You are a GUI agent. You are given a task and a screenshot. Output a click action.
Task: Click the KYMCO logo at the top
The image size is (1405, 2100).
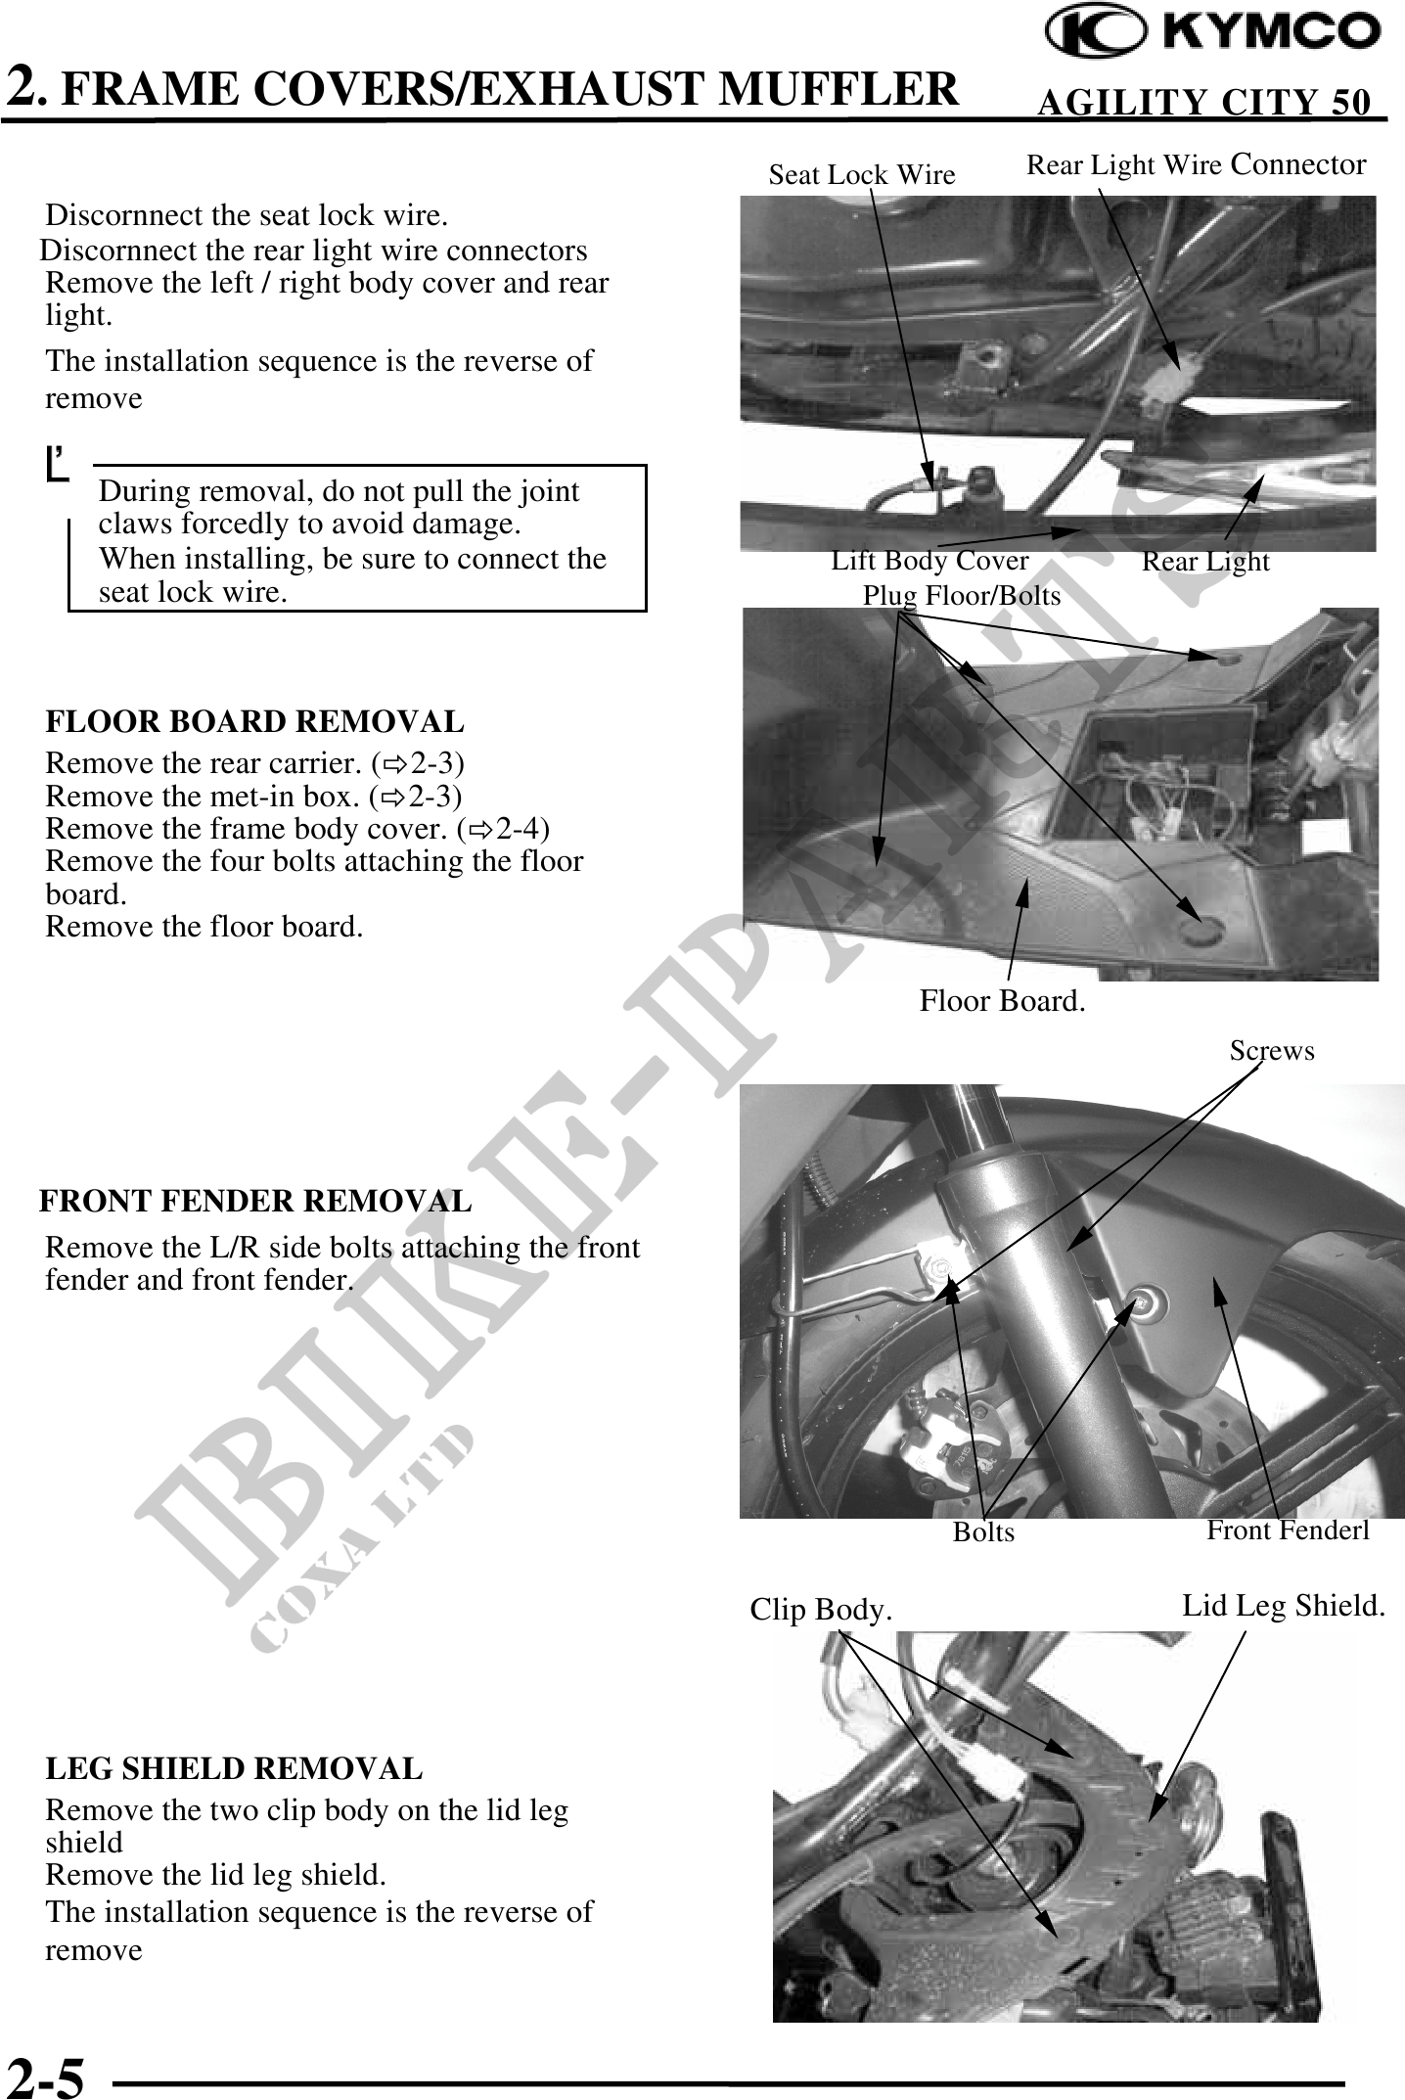coord(1212,34)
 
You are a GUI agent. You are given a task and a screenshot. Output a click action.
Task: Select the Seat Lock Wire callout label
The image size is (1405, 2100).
coord(861,175)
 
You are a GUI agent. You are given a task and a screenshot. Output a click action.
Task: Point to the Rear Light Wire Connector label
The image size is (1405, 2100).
coord(1196,164)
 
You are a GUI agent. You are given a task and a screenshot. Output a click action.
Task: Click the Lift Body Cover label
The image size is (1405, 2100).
coord(929,561)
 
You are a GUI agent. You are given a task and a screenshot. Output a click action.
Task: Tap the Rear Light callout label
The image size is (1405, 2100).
coord(1205,562)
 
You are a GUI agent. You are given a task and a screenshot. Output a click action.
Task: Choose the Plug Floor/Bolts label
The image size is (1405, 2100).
coord(961,595)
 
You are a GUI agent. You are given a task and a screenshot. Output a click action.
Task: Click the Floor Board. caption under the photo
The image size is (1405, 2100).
coord(1002,1001)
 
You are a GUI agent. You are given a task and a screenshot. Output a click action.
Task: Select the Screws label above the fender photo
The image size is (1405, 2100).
coord(1272,1050)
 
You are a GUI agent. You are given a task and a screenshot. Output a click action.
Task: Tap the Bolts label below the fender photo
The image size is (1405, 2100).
coord(983,1531)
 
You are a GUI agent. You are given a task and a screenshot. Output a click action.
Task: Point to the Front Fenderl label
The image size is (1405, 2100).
coord(1288,1529)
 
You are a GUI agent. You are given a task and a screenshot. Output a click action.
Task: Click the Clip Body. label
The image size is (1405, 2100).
coord(821,1610)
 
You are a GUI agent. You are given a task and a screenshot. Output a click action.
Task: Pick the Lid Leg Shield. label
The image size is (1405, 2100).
coord(1284,1606)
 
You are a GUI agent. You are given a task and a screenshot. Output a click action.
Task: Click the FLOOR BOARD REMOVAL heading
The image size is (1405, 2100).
coord(254,722)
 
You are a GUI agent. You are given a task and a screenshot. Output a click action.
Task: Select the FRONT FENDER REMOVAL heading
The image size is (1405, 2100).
coord(255,1201)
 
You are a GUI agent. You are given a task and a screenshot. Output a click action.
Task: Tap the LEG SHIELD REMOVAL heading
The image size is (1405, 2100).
coord(234,1768)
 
